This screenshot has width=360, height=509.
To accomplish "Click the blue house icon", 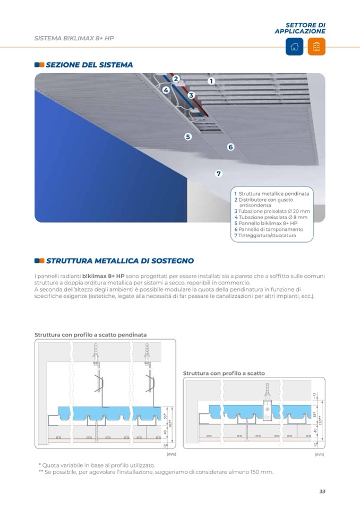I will pos(295,47).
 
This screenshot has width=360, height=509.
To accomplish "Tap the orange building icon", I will pos(316,47).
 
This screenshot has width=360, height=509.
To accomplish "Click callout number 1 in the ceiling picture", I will pos(211,81).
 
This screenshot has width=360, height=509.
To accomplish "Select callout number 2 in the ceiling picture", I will pos(176,79).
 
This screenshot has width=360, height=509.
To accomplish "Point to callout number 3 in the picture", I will pos(191,94).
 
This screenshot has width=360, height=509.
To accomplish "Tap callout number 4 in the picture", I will pos(166,90).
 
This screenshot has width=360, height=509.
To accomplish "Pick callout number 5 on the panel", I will pos(187,137).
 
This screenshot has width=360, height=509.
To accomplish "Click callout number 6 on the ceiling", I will pos(230,146).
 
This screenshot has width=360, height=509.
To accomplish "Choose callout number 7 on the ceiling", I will pos(218,174).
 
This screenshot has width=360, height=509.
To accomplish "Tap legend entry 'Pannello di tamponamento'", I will pos(270,229).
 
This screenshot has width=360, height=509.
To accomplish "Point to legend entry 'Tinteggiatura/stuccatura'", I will pos(267,235).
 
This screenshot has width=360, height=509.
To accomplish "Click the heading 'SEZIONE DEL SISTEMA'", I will pos(89,65).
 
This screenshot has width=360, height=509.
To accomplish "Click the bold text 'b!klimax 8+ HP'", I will pos(104,276).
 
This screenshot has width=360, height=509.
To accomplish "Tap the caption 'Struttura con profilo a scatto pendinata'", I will pos(91,334).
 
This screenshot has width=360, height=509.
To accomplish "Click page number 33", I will pos(322,491).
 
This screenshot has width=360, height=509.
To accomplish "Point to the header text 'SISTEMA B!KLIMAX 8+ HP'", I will pos(74,39).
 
